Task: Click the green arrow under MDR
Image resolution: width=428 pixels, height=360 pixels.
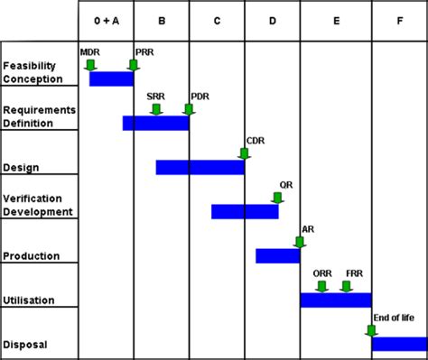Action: (x=90, y=65)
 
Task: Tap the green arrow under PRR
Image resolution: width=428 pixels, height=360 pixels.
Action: (x=134, y=65)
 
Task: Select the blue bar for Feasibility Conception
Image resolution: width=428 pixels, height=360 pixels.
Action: (x=112, y=78)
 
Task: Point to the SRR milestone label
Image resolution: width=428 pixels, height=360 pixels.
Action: (x=155, y=97)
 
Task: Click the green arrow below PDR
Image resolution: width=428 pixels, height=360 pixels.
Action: (x=189, y=109)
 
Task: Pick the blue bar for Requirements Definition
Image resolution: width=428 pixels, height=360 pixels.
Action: (x=156, y=123)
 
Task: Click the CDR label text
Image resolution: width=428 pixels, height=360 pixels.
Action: (x=256, y=141)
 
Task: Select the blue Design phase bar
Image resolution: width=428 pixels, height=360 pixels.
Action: (x=200, y=167)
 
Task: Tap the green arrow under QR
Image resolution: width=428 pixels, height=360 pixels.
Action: (x=277, y=198)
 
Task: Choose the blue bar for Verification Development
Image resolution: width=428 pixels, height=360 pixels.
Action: (x=245, y=211)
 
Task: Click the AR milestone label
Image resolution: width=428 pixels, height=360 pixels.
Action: (x=308, y=229)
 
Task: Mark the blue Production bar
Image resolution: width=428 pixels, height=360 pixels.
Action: (x=278, y=256)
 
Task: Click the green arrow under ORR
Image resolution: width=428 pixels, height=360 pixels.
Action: (x=321, y=287)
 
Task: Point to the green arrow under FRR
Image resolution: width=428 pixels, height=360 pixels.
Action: (x=346, y=287)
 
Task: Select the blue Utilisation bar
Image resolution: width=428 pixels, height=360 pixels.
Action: (x=336, y=300)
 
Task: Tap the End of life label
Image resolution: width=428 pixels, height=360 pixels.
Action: (x=394, y=318)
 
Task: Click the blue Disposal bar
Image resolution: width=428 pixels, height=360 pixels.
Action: (x=400, y=344)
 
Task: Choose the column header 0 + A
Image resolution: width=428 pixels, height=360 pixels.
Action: (x=107, y=21)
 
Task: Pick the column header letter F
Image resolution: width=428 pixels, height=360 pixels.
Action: (x=400, y=21)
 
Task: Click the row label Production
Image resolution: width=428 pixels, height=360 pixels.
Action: (x=32, y=256)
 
